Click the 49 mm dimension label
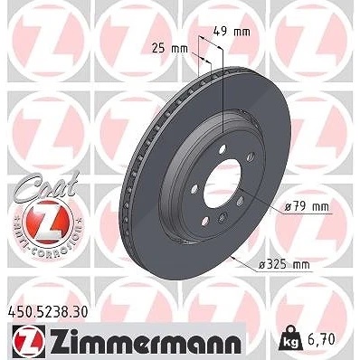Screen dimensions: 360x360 tap(232, 31)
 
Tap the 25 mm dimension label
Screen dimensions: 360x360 tap(169, 48)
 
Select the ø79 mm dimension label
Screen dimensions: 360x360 tap(307, 207)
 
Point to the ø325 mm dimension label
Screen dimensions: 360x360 tap(284, 265)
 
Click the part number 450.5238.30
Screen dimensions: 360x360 tap(47, 312)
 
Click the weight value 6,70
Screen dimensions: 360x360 tap(322, 340)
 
